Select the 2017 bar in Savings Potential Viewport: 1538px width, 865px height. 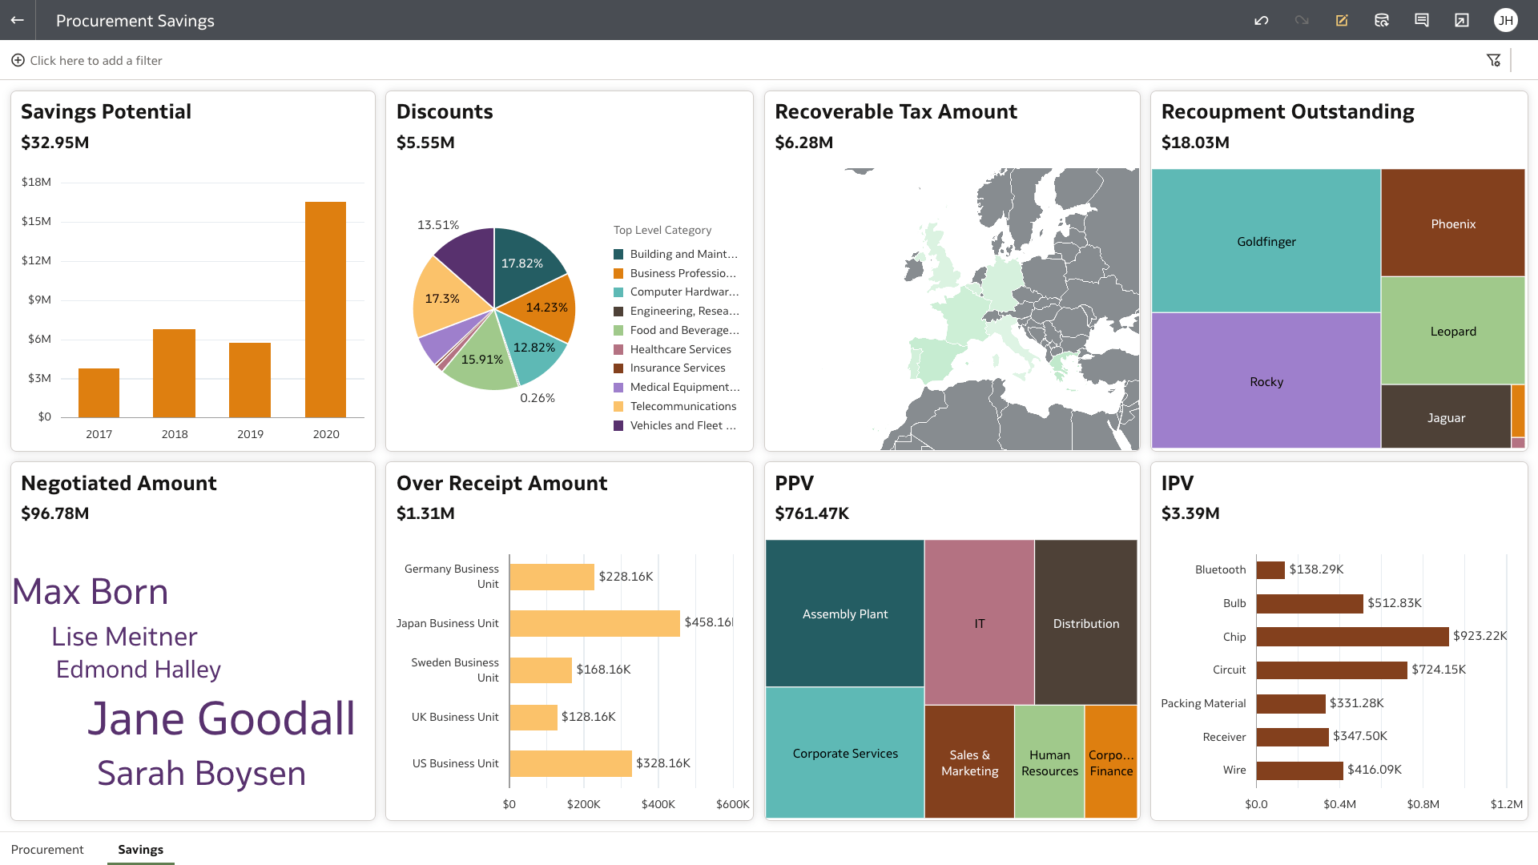[x=99, y=392]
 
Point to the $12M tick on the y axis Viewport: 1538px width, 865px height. [x=36, y=260]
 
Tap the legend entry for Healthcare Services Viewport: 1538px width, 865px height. [x=680, y=349]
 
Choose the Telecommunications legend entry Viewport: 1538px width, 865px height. [x=682, y=406]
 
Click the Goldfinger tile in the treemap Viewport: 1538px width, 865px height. [x=1266, y=241]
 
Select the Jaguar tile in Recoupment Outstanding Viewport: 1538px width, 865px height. [x=1445, y=417]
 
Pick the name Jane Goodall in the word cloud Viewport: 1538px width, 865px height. [x=221, y=718]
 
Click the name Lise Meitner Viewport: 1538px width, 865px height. [x=124, y=637]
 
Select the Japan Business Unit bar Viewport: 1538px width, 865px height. [x=594, y=623]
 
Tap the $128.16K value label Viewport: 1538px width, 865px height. [x=588, y=717]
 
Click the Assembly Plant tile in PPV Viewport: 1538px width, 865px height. [x=844, y=614]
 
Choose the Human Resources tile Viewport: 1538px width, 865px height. [x=1049, y=762]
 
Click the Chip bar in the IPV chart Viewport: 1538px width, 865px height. [x=1352, y=636]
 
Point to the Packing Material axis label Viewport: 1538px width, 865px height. [x=1203, y=703]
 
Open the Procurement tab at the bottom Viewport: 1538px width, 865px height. [x=47, y=849]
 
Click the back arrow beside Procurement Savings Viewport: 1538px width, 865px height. [x=18, y=20]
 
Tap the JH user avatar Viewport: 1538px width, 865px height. [x=1505, y=20]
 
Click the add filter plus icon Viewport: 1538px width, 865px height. [x=18, y=60]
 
